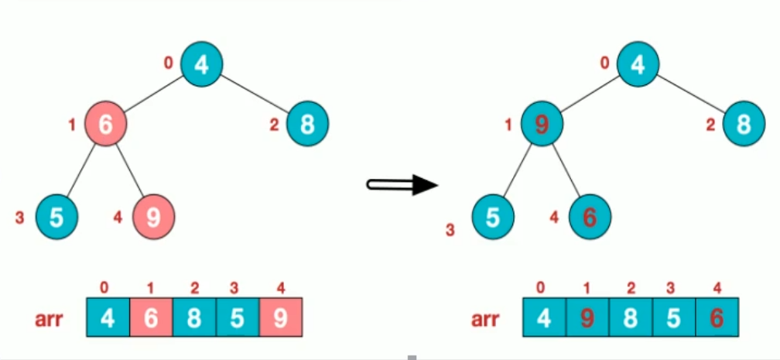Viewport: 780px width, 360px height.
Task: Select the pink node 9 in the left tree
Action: coord(153,216)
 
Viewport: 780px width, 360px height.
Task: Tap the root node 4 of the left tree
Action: coord(202,63)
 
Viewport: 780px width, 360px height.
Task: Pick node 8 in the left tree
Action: coord(308,123)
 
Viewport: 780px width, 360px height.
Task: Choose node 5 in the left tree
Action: coord(56,216)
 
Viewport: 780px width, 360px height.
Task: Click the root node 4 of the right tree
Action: coord(638,63)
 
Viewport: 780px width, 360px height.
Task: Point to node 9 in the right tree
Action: coord(541,123)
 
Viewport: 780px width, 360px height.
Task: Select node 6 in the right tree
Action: coord(590,217)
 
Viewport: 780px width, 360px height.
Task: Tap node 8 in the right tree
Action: coord(744,123)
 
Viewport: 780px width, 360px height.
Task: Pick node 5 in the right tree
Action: coord(493,217)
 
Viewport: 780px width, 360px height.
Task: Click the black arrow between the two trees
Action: coord(402,184)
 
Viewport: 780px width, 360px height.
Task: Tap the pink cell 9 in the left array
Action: coord(280,317)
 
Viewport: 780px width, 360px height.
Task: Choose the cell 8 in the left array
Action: coord(194,317)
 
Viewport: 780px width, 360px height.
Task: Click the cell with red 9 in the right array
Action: coord(588,318)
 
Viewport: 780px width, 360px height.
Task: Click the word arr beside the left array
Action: coord(49,318)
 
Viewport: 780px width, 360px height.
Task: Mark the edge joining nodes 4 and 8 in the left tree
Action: coord(255,93)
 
